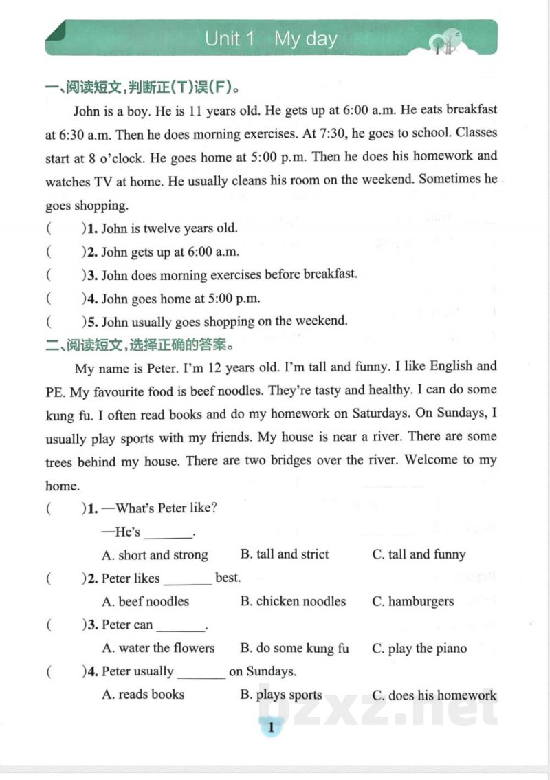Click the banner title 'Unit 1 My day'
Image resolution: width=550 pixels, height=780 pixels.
click(x=271, y=39)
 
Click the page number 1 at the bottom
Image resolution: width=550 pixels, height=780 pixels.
click(x=271, y=727)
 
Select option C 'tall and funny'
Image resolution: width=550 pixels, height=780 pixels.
click(x=419, y=554)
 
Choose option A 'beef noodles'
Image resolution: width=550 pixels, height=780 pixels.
click(x=145, y=601)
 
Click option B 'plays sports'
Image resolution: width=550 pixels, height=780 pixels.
click(x=280, y=695)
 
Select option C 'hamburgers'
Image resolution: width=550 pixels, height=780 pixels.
click(x=412, y=601)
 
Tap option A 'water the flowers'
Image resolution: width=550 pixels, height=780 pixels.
click(x=158, y=648)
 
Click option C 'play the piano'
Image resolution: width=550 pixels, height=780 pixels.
click(x=419, y=648)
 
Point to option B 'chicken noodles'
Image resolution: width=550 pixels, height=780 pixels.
click(x=293, y=601)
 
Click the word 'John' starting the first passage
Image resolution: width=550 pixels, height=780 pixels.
click(x=87, y=110)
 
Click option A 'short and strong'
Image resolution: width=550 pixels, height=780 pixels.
click(x=155, y=554)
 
